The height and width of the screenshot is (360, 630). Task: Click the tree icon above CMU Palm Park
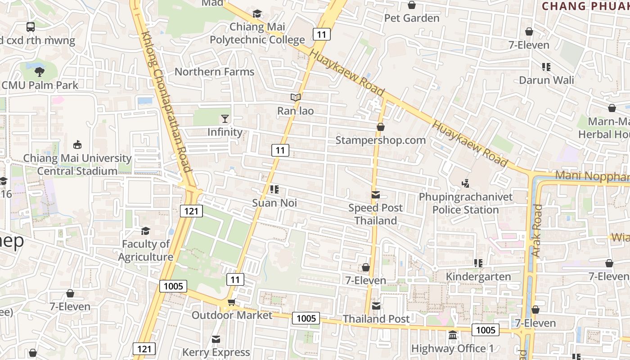click(40, 72)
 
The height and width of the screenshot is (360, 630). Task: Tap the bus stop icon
click(31, 27)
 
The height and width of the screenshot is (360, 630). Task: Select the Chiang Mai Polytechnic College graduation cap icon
click(257, 14)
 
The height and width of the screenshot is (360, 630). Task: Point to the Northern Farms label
click(214, 72)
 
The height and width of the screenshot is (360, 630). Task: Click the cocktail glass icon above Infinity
click(225, 119)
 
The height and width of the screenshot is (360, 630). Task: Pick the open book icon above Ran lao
click(295, 97)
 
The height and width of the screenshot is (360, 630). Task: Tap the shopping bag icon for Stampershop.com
click(381, 127)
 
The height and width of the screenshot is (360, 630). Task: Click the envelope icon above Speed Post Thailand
click(376, 195)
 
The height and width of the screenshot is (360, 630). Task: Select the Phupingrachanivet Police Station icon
click(466, 184)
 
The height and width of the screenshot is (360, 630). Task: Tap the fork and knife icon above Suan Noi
click(274, 189)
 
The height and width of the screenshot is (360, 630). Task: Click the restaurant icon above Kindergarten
click(478, 263)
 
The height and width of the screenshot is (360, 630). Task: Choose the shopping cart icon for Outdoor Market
click(232, 302)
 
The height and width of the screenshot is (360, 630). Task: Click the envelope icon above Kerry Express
click(216, 339)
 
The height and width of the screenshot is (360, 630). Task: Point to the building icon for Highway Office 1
click(453, 335)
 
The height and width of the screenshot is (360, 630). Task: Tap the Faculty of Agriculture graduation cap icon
click(145, 231)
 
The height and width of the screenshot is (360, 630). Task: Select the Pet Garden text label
click(412, 18)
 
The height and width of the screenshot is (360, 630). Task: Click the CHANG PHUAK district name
click(585, 6)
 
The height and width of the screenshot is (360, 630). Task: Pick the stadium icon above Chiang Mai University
click(77, 144)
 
